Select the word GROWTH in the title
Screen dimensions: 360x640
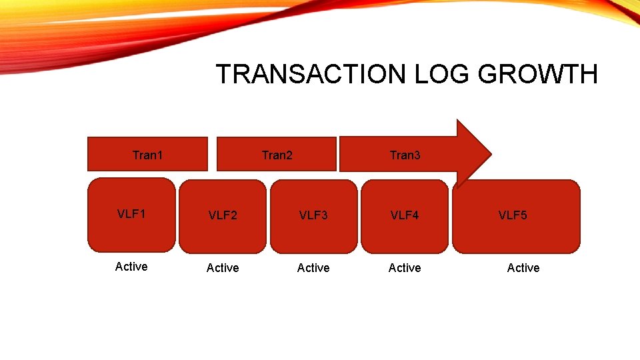coord(539,74)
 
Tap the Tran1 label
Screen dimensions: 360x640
coord(147,155)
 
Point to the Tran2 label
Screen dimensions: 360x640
coord(277,155)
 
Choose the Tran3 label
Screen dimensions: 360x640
coord(405,155)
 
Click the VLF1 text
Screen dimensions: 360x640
coord(131,214)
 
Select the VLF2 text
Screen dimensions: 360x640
coord(223,215)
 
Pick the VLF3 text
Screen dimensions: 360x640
coord(313,215)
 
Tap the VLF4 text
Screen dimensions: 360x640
coord(405,215)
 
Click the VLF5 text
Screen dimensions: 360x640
coord(513,215)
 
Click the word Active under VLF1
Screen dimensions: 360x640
coord(131,267)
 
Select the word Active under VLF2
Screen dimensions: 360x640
coord(223,268)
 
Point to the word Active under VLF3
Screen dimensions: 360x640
coord(313,268)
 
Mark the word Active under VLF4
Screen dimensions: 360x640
coord(405,268)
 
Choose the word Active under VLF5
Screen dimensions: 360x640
coord(523,268)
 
